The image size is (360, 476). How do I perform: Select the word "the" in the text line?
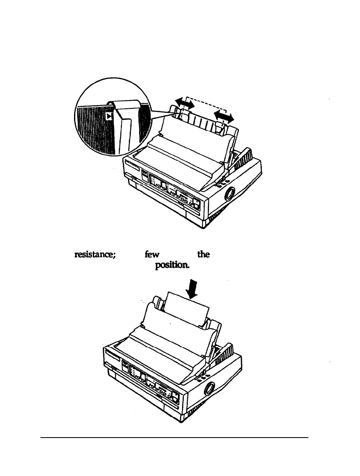(x=203, y=254)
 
